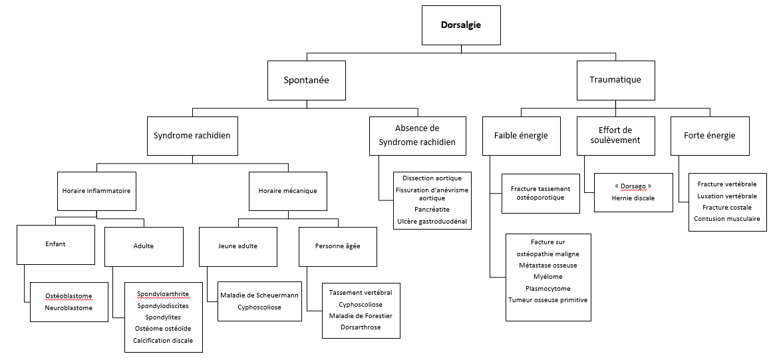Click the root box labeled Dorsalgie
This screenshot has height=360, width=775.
point(461,25)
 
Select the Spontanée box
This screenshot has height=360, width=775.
point(307,80)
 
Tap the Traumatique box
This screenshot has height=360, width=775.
point(615,80)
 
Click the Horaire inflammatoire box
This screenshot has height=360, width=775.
point(96,192)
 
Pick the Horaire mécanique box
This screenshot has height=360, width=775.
point(287,192)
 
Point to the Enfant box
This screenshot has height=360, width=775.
point(55,245)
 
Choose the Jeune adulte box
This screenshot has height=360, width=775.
point(237,247)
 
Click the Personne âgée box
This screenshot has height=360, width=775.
point(337,247)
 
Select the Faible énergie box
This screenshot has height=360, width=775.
point(522,136)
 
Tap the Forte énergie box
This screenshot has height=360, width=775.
point(709,136)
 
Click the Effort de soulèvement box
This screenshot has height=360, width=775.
point(615,136)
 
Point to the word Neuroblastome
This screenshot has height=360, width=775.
point(69,307)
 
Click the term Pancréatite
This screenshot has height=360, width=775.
point(432,210)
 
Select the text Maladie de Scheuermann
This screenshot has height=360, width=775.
point(259,295)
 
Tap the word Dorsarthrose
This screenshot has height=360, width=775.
point(361,327)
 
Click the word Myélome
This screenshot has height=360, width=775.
point(547,276)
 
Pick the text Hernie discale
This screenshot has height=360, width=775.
point(633,198)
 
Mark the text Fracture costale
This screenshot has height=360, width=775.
point(726,207)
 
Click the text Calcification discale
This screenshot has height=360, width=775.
point(163,341)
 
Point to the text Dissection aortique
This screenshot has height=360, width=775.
point(432,178)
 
